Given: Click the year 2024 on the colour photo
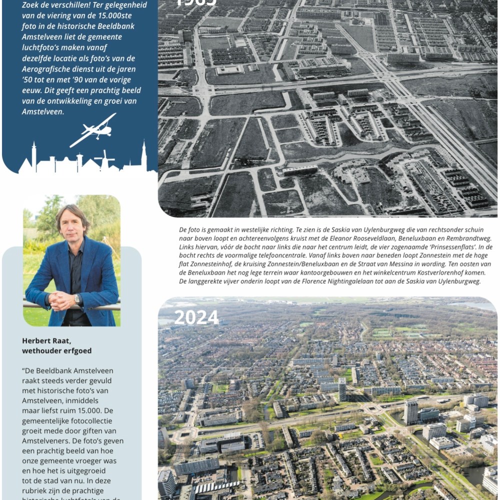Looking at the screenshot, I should (x=196, y=317).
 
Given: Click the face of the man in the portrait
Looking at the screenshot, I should (x=73, y=223).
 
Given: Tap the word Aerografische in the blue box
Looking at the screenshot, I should (x=45, y=69).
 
